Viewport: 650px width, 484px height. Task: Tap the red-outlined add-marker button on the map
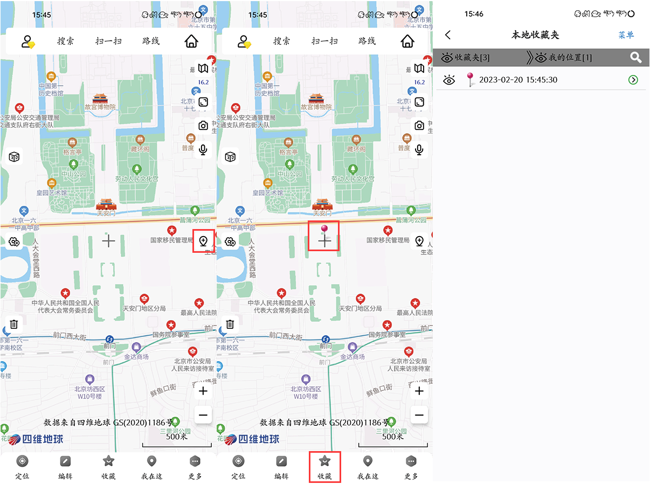pyautogui.click(x=203, y=241)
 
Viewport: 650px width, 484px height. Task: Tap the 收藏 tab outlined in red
pyautogui.click(x=324, y=466)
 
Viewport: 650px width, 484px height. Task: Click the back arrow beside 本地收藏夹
pyautogui.click(x=448, y=35)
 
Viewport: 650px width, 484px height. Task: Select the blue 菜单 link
pyautogui.click(x=626, y=35)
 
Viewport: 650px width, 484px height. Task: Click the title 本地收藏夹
pyautogui.click(x=535, y=35)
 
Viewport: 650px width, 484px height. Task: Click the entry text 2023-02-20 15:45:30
pyautogui.click(x=518, y=80)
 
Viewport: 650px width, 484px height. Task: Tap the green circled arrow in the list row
pyautogui.click(x=633, y=80)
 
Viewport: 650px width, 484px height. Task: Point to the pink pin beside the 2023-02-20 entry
pyautogui.click(x=470, y=80)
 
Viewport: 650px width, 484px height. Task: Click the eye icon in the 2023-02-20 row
pyautogui.click(x=449, y=80)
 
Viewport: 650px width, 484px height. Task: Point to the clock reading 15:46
pyautogui.click(x=474, y=14)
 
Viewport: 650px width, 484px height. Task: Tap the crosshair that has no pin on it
pyautogui.click(x=109, y=241)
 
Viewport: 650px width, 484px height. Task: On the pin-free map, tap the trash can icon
pyautogui.click(x=14, y=324)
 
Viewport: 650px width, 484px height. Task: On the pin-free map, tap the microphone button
pyautogui.click(x=203, y=149)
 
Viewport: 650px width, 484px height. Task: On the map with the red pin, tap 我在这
pyautogui.click(x=368, y=466)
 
